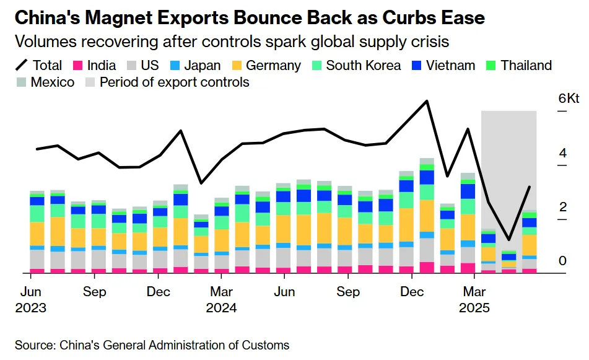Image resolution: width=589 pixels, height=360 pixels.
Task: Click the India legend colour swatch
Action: point(78,66)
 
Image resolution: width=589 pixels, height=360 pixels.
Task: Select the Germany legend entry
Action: point(273,66)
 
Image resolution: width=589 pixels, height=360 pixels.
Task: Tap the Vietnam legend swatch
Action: point(416,66)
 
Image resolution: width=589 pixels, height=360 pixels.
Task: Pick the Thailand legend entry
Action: point(526,66)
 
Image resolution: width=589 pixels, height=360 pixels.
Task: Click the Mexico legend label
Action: point(53,82)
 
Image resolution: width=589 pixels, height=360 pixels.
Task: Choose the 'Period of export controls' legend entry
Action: point(174,82)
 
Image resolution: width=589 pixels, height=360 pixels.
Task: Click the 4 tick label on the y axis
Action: point(562,153)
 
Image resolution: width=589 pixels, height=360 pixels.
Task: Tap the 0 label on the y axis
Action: point(562,261)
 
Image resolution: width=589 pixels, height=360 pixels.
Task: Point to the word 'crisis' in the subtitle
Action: point(429,42)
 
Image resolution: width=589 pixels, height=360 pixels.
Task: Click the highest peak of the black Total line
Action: point(427,101)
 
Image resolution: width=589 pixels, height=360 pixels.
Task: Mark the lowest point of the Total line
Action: point(508,239)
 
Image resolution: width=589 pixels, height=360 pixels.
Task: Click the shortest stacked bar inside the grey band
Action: point(508,261)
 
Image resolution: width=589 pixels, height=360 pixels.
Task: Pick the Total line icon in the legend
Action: point(22,66)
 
